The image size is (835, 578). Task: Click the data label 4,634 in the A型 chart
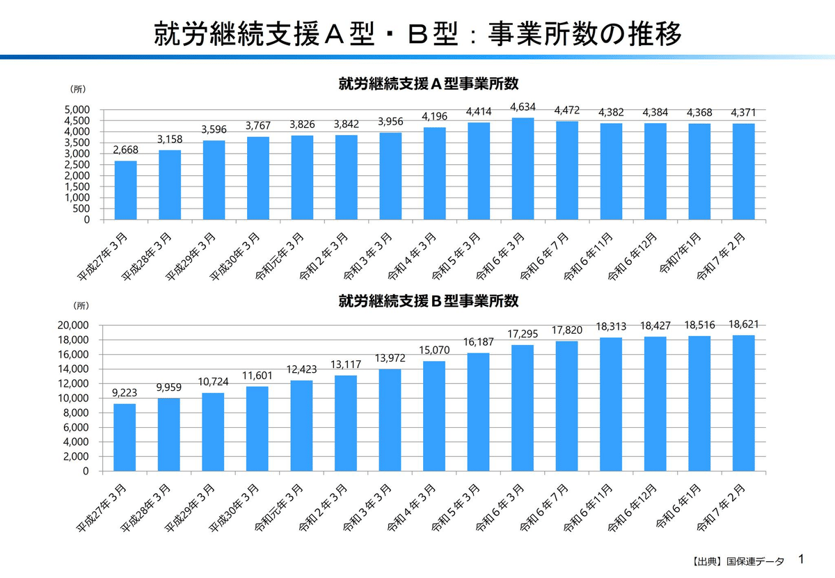pos(523,106)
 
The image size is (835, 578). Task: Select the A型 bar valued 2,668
pos(125,191)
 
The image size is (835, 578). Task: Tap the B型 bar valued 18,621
pos(743,403)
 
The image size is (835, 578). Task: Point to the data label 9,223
pos(125,392)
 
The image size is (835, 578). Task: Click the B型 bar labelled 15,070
pos(434,416)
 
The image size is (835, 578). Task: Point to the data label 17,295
pos(523,334)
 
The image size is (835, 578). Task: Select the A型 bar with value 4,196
pos(434,174)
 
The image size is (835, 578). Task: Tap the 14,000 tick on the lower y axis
pos(75,369)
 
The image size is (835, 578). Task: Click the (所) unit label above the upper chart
pos(78,88)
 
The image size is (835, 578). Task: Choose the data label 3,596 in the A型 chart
pos(214,129)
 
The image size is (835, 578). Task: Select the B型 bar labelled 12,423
pos(302,426)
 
